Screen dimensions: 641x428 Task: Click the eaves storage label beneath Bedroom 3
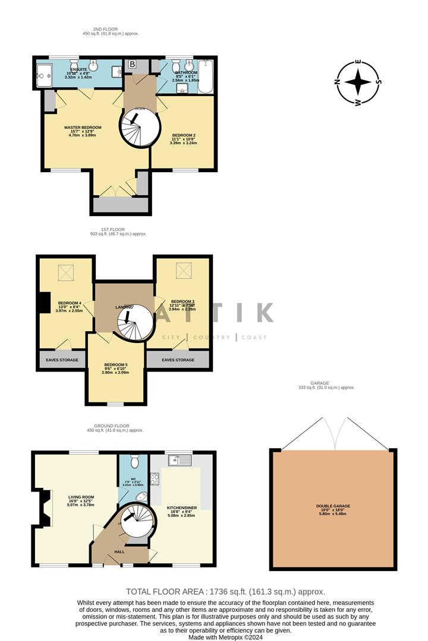[178, 360]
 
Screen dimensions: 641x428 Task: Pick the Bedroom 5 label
[116, 364]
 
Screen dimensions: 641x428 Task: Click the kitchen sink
[178, 459]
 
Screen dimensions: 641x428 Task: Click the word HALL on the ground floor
[118, 552]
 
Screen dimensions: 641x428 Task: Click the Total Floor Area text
[226, 592]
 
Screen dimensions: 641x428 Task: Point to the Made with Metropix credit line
[226, 637]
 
